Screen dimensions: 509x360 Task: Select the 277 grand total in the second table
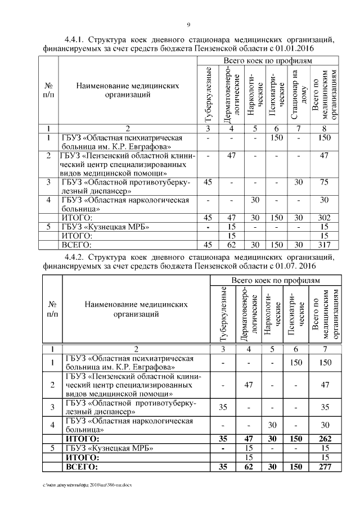[x=323, y=466]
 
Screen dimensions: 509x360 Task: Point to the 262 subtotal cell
[x=323, y=438]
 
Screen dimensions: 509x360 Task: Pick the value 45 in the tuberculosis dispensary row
[x=208, y=182]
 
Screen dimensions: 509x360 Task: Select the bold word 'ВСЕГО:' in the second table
[x=82, y=466]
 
